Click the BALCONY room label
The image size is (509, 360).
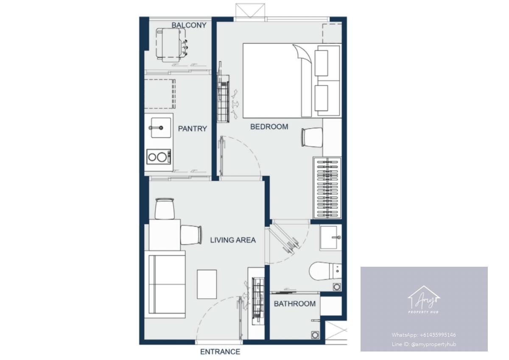(189, 25)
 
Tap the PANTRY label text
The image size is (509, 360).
(193, 129)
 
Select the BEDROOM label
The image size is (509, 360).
(269, 126)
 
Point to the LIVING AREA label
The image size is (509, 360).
(233, 240)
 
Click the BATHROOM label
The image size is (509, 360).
(295, 304)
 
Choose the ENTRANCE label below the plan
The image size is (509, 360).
(220, 352)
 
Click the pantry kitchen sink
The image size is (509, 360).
(161, 128)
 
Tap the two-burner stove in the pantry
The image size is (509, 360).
(159, 157)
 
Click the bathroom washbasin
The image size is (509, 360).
(330, 237)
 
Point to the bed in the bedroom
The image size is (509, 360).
(292, 81)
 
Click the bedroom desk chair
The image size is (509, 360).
(312, 137)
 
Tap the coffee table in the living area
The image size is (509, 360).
(207, 284)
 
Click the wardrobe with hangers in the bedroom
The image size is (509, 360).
(327, 187)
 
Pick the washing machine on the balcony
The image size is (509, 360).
(171, 45)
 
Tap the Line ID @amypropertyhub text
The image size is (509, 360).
(424, 344)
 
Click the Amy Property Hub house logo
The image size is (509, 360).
(424, 299)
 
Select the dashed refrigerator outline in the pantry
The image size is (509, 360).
(160, 94)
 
